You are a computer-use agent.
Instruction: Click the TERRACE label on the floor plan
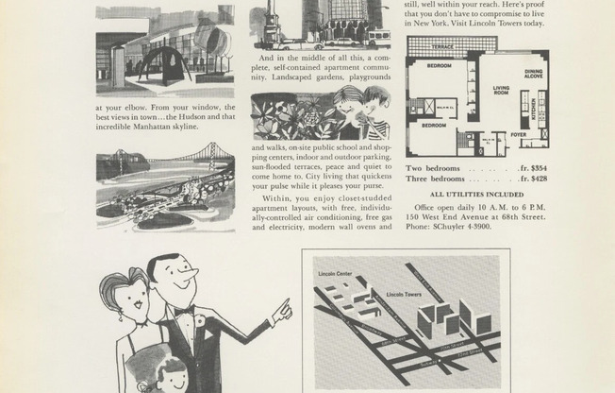442,45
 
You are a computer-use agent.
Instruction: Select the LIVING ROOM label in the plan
501,91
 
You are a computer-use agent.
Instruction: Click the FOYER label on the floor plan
519,134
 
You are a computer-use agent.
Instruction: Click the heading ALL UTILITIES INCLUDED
475,194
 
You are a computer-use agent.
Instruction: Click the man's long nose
191,275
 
